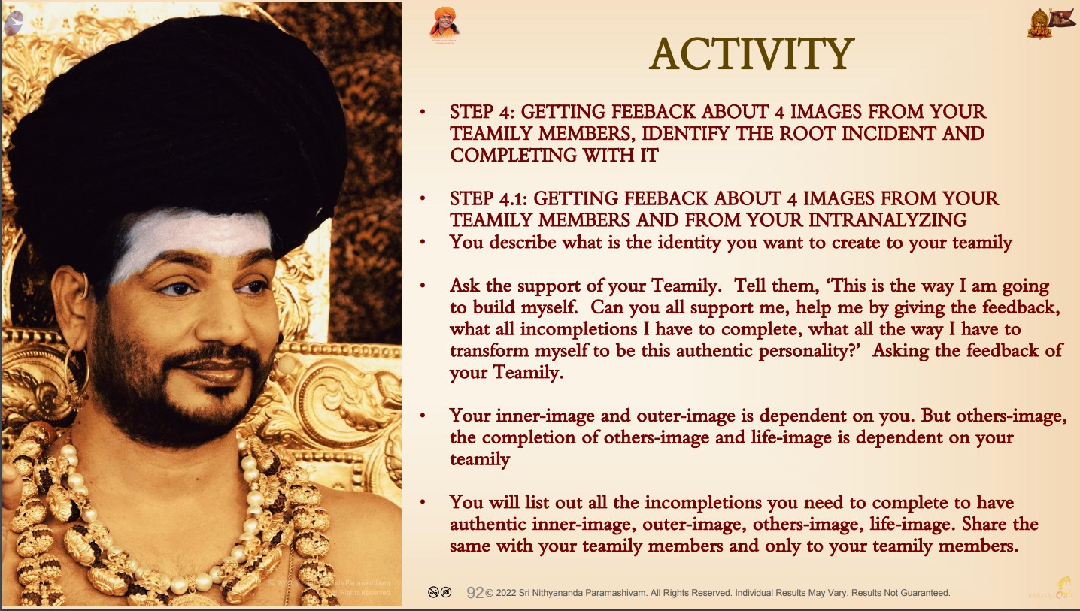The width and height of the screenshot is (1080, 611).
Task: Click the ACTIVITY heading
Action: [751, 54]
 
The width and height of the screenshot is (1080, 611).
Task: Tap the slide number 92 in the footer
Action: [475, 593]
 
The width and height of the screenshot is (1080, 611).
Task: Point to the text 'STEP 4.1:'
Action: [488, 198]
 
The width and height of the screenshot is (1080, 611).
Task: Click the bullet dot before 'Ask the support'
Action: [423, 286]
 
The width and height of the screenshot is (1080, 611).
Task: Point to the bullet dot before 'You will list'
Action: [423, 503]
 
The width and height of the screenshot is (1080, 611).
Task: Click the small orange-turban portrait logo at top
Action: [444, 24]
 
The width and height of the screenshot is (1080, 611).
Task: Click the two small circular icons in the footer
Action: [439, 592]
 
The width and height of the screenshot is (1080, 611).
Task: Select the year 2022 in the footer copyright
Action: [505, 593]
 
